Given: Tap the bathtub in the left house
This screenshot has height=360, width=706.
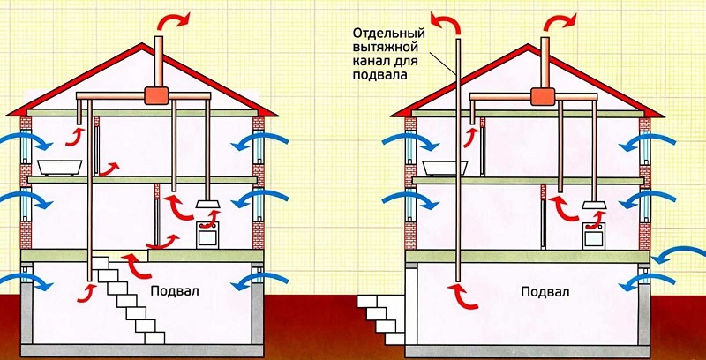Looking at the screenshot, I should [x=59, y=166].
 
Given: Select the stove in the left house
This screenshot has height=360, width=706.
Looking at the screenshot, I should [x=209, y=234].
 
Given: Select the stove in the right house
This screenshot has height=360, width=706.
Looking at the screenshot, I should [x=593, y=235].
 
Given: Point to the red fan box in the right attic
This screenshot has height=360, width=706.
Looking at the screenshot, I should [x=539, y=97].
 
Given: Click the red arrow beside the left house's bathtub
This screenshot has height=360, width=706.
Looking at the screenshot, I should [x=109, y=168].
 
